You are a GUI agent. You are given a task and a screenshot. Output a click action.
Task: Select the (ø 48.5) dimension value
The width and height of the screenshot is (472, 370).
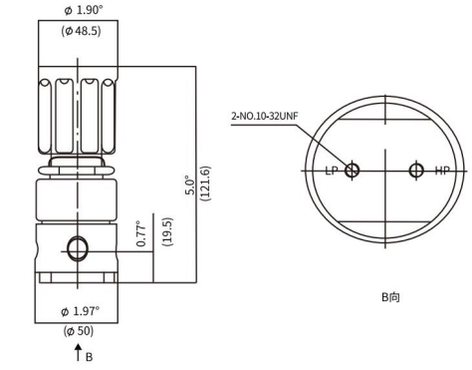tap(76, 31)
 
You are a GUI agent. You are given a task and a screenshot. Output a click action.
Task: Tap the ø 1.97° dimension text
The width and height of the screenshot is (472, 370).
tap(76, 311)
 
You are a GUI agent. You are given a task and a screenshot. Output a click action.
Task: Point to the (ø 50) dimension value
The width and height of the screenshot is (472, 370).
tap(76, 329)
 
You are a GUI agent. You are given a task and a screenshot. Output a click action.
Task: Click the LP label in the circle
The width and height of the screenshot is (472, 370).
tap(332, 171)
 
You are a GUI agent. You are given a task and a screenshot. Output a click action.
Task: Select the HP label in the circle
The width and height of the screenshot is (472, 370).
tap(440, 171)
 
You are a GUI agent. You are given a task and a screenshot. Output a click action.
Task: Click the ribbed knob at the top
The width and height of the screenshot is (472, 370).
tap(76, 110)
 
